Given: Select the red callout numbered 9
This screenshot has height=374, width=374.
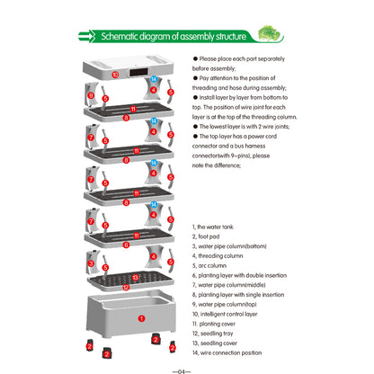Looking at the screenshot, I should click(90, 93).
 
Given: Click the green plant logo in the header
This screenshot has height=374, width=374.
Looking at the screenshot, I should click(269, 34).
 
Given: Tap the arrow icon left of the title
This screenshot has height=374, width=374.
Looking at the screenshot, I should click(87, 37).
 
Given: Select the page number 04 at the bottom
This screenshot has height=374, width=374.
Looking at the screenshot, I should click(186, 366).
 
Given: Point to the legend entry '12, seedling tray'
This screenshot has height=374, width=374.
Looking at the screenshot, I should click(217, 334).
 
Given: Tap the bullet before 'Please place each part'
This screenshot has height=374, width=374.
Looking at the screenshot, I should click(194, 58).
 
